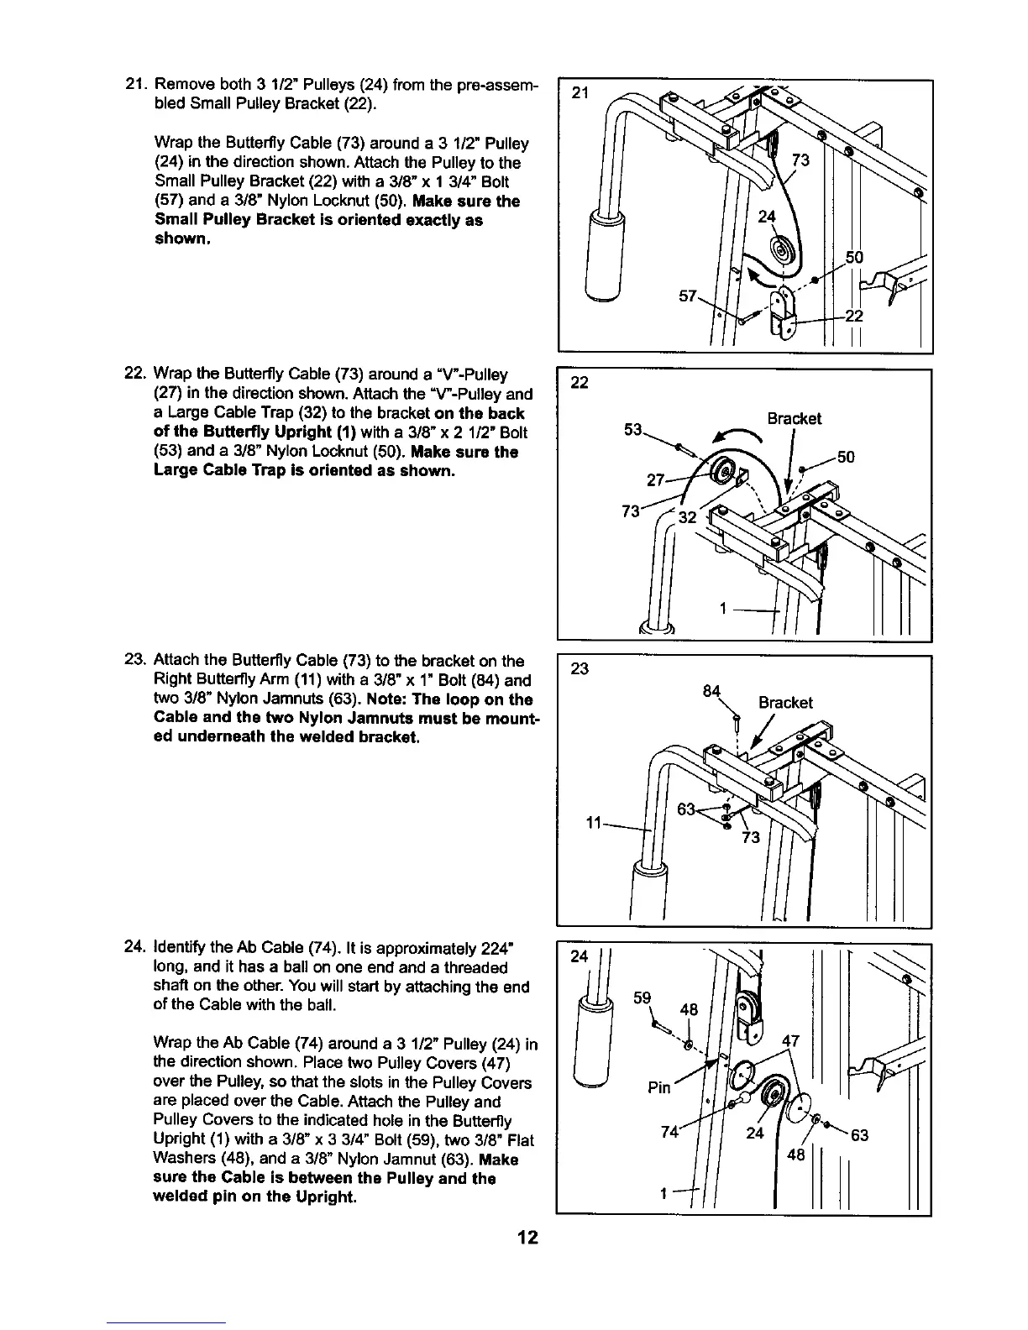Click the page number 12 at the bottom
pyautogui.click(x=527, y=1238)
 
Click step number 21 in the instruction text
pyautogui.click(x=134, y=84)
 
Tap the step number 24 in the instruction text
pyautogui.click(x=134, y=949)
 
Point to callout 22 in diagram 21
pyautogui.click(x=854, y=316)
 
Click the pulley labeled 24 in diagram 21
pyautogui.click(x=786, y=253)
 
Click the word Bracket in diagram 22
pyautogui.click(x=794, y=419)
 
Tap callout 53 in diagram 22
pyautogui.click(x=634, y=432)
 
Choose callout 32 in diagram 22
pyautogui.click(x=688, y=518)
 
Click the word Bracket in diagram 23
pyautogui.click(x=785, y=703)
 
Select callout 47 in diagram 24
pyautogui.click(x=790, y=1042)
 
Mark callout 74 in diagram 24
pyautogui.click(x=670, y=1130)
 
